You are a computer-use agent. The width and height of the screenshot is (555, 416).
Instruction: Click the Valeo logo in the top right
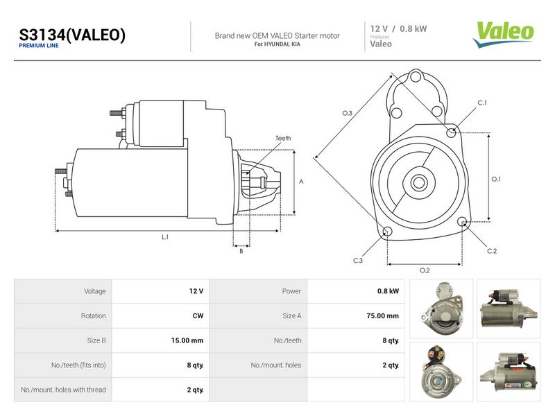point(503,34)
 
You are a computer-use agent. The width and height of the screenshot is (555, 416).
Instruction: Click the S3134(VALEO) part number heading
point(72,35)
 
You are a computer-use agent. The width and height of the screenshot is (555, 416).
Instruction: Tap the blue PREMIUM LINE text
point(39,46)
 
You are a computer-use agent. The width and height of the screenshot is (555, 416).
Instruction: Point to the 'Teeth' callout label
point(283,138)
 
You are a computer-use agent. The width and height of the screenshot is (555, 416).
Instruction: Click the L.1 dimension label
point(165,237)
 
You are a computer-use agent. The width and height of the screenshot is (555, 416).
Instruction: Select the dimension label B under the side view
point(241,251)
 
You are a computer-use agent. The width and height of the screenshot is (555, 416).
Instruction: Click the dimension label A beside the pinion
point(301,182)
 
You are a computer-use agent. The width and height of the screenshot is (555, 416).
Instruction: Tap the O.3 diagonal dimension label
point(348,113)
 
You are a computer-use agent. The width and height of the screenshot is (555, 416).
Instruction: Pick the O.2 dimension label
point(425,270)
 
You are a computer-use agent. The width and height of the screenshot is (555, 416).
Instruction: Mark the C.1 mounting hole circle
point(451,133)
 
